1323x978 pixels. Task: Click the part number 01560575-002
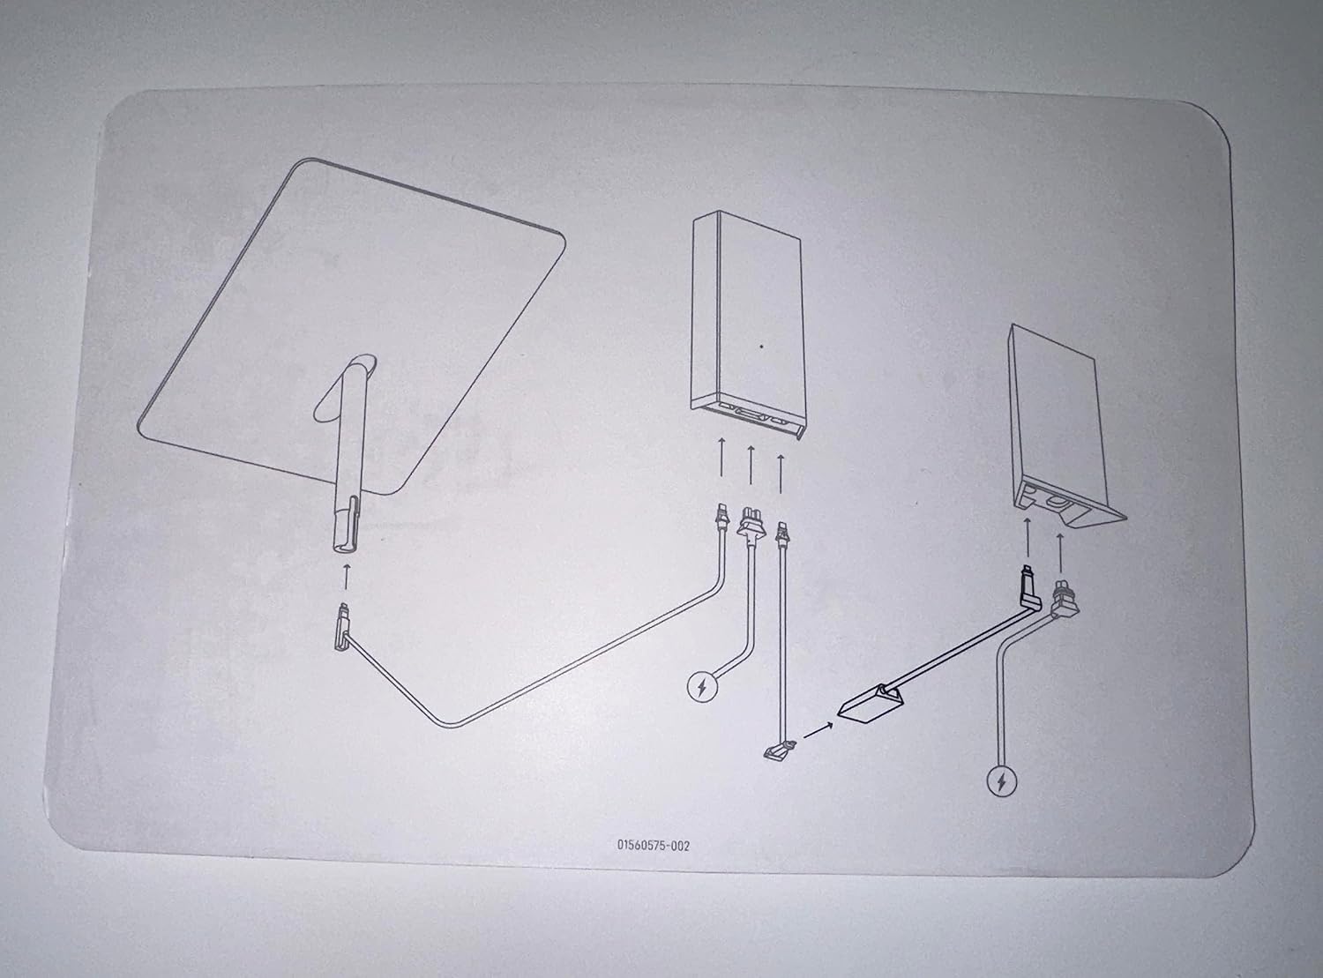point(654,846)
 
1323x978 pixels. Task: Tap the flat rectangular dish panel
point(351,327)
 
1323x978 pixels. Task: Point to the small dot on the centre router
point(761,346)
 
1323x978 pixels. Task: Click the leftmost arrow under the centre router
point(721,457)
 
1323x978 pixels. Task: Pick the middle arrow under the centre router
point(751,464)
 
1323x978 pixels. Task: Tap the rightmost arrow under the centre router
point(781,474)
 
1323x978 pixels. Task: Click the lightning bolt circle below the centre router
point(702,687)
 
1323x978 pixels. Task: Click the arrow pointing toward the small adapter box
point(818,730)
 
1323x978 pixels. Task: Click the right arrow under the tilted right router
point(1060,552)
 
